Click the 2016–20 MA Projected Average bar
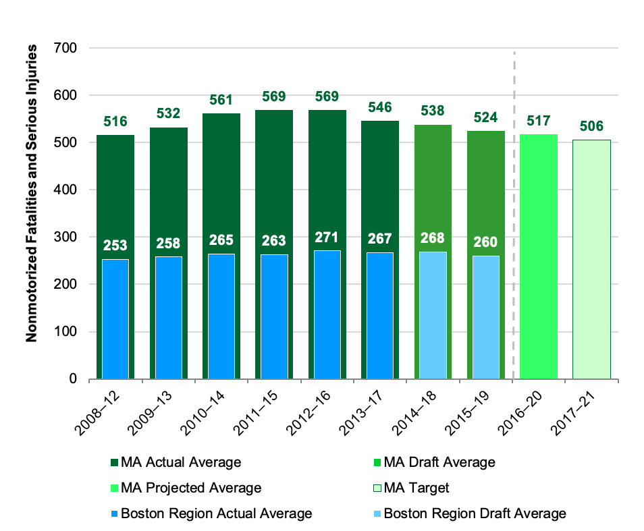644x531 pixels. click(539, 256)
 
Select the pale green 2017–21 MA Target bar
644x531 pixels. click(591, 259)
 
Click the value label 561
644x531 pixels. click(221, 101)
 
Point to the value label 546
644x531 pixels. click(379, 107)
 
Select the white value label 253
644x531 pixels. click(115, 246)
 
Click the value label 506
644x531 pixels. click(591, 126)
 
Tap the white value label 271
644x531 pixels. click(327, 237)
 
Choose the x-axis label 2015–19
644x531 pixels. click(481, 408)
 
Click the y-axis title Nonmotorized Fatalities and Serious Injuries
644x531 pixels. click(32, 193)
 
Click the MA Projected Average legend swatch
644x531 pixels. click(114, 488)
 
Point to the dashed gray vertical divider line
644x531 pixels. click(515, 216)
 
